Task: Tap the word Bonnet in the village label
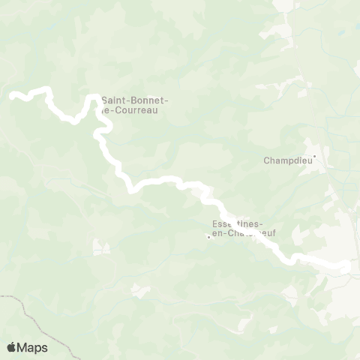[x=147, y=100]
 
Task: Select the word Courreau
[x=138, y=110]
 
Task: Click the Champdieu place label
[x=286, y=160]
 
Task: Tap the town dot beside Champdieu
[x=316, y=156]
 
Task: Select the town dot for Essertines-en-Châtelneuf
[x=208, y=238]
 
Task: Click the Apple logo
[x=11, y=347]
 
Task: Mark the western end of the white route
[x=12, y=95]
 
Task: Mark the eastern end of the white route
[x=347, y=265]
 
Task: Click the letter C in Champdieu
[x=267, y=160]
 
